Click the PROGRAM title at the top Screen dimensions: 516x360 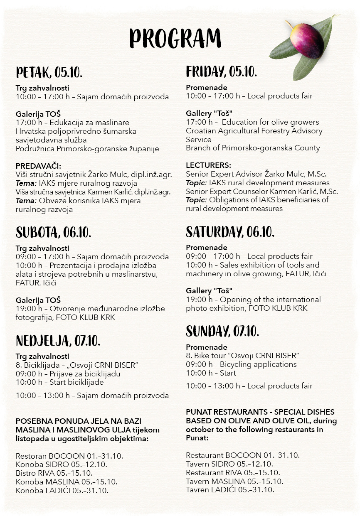(175, 39)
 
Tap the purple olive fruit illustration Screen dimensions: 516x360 (307, 40)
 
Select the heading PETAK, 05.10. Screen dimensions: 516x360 (49, 73)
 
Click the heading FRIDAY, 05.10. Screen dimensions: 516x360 (221, 71)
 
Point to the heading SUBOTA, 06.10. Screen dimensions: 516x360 (53, 232)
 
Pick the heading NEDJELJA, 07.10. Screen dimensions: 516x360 (58, 341)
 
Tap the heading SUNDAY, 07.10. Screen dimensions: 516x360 (222, 332)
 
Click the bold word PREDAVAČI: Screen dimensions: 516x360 (38, 166)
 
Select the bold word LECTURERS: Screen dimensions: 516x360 (208, 165)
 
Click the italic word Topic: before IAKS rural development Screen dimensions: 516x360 (196, 183)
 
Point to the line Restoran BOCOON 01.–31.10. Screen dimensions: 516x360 (69, 456)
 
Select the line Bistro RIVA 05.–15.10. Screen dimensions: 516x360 (54, 473)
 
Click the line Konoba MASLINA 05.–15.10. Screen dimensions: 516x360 (67, 482)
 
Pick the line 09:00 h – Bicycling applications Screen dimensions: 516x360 (241, 364)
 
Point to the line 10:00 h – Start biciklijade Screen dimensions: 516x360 (59, 382)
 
